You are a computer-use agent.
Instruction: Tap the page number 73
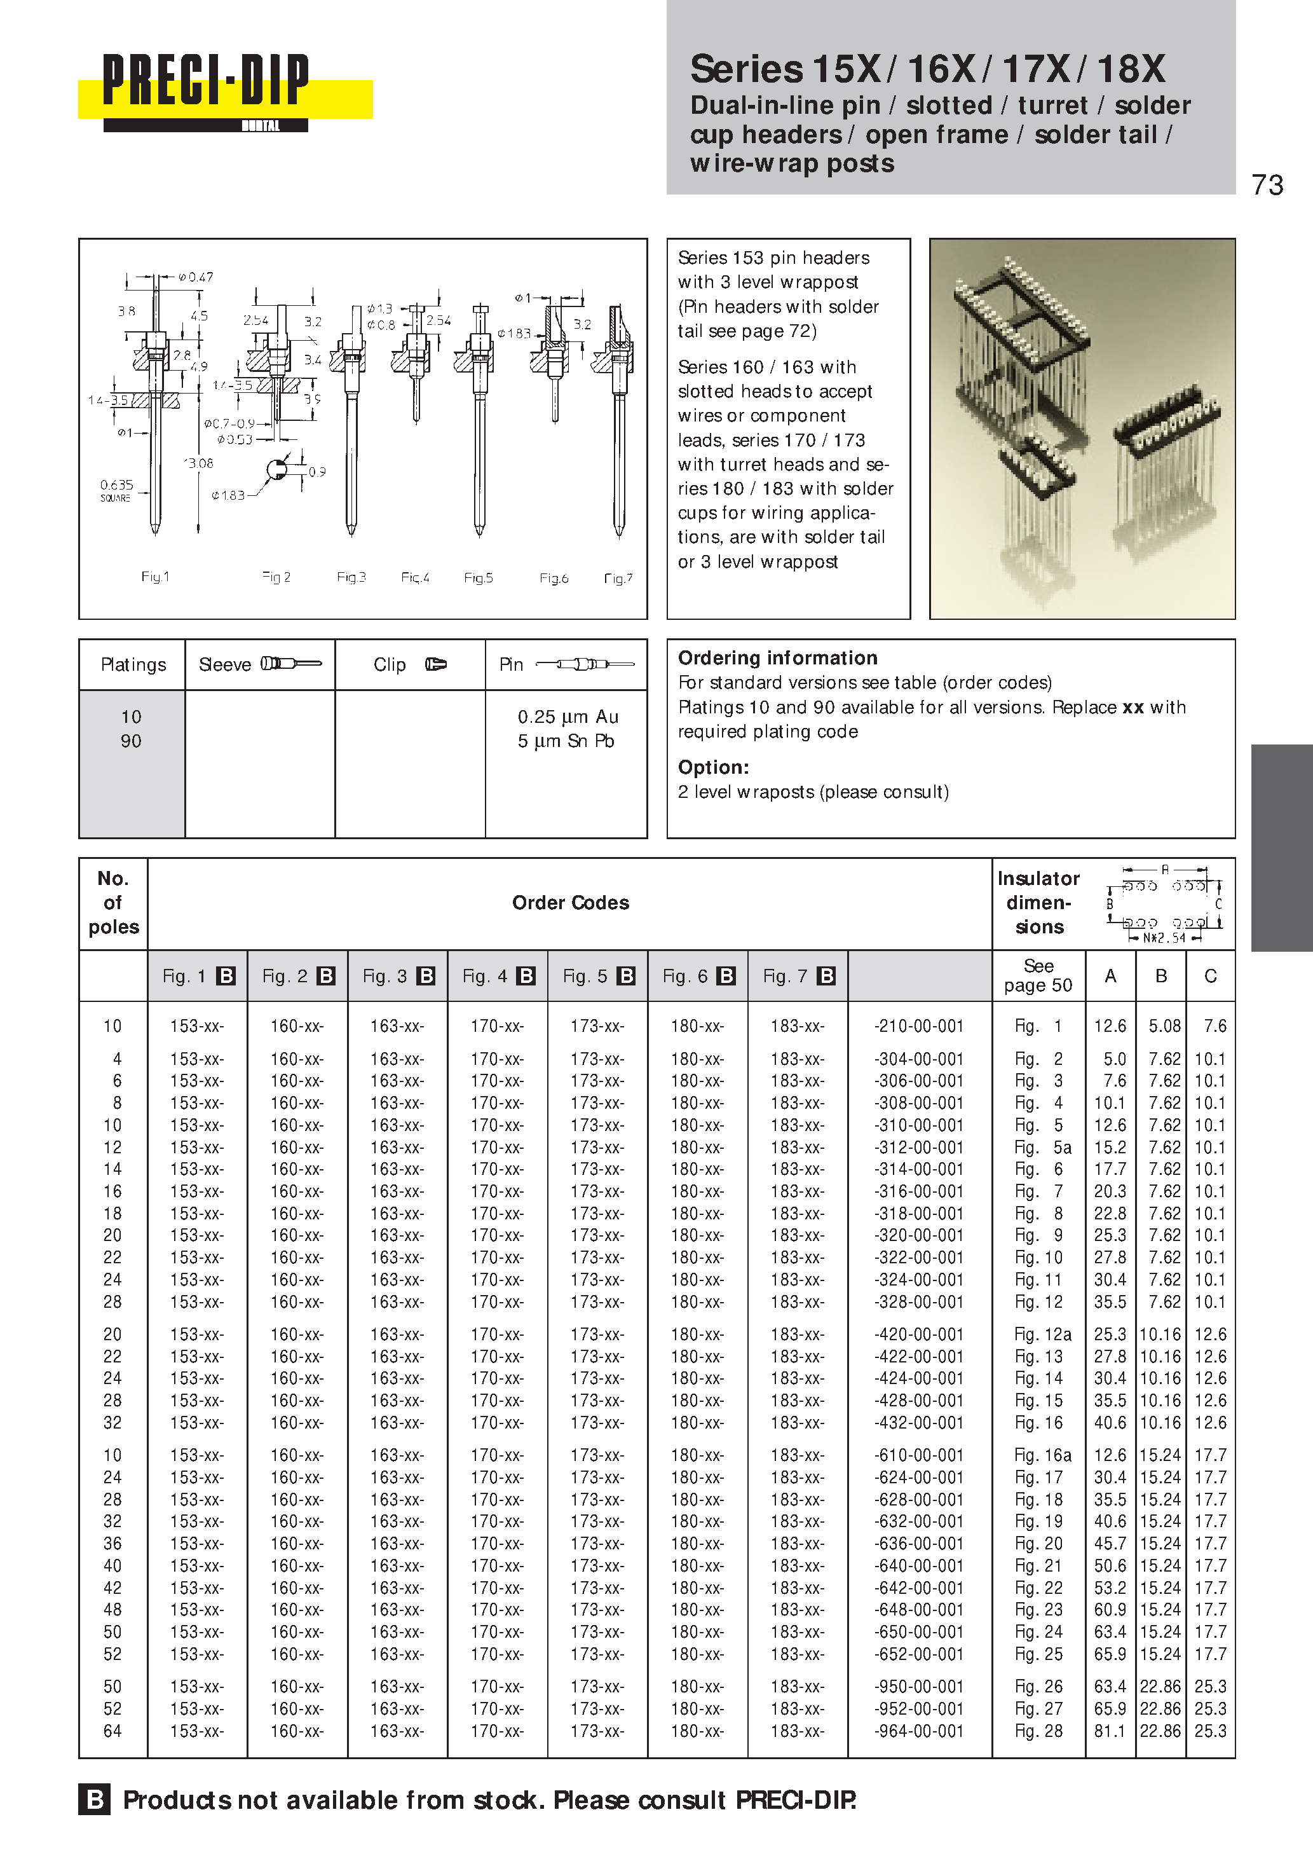point(1267,186)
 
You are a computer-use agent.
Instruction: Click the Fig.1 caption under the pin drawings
point(154,577)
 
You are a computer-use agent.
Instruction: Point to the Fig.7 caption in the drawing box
point(618,578)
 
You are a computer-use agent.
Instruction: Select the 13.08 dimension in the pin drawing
point(198,463)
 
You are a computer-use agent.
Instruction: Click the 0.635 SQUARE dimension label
point(116,490)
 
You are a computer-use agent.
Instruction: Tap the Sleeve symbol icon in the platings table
point(290,664)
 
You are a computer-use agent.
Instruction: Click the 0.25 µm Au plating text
point(568,717)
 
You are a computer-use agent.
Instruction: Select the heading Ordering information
point(777,657)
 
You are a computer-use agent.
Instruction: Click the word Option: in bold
point(713,767)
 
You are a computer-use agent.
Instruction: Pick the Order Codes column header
point(570,903)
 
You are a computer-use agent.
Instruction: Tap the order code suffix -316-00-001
point(919,1191)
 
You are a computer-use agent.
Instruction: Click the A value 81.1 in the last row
point(1110,1731)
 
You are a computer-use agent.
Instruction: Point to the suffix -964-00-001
point(919,1731)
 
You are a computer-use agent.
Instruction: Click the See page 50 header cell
point(1038,976)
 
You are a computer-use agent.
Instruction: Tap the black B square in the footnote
point(95,1799)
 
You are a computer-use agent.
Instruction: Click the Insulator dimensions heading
point(1038,903)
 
